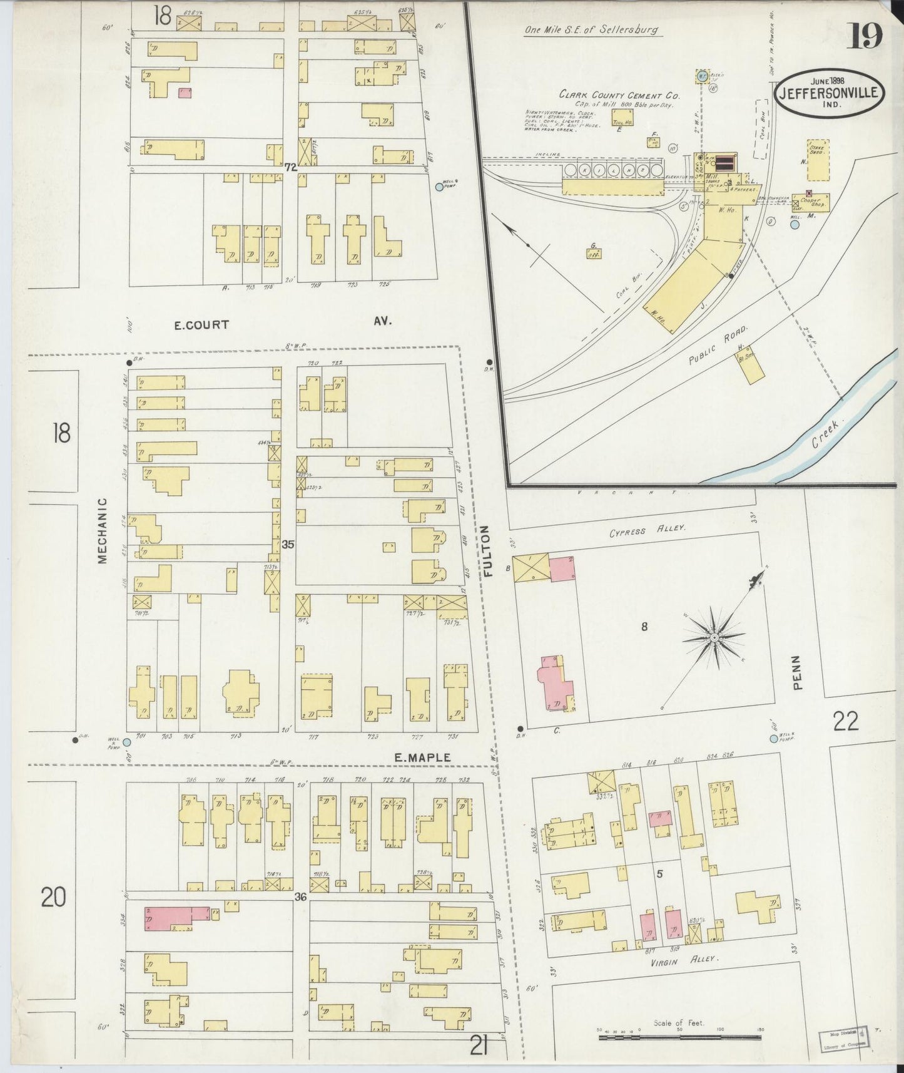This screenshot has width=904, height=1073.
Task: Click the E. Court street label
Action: click(x=201, y=325)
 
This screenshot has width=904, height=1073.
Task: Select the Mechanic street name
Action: click(x=103, y=530)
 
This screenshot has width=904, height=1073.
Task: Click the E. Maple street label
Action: click(x=422, y=757)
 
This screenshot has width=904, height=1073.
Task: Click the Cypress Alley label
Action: click(x=648, y=529)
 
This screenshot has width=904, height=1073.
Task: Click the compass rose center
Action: click(x=713, y=637)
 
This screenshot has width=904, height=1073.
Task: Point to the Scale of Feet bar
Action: click(x=679, y=1037)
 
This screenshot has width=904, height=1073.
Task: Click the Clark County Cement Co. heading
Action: click(x=619, y=95)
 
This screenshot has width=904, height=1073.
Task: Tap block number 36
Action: click(x=300, y=897)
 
